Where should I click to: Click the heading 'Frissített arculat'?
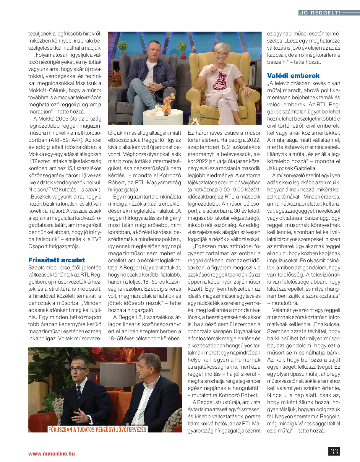[x=56, y=260]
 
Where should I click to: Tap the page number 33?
[x=334, y=451]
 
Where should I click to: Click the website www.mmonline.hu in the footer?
[x=51, y=453]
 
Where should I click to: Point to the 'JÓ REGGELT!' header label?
[x=320, y=13]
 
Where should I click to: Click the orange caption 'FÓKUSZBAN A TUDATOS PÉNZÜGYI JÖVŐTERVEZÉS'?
[x=97, y=429]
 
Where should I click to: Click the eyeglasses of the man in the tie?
[x=79, y=369]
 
